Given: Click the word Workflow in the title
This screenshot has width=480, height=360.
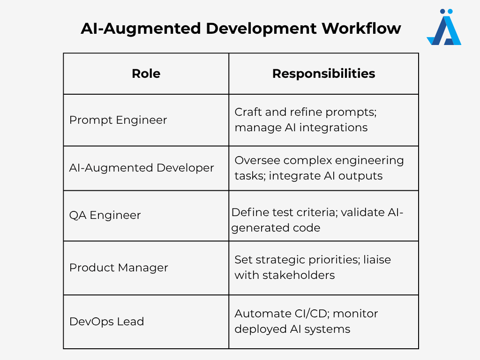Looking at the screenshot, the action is pyautogui.click(x=361, y=29).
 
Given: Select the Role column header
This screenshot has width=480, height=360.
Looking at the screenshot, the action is pyautogui.click(x=146, y=74).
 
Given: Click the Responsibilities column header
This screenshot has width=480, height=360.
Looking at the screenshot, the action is pyautogui.click(x=323, y=74).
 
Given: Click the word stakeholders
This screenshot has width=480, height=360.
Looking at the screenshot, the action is pyautogui.click(x=299, y=275).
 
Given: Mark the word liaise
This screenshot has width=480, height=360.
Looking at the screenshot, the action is pyautogui.click(x=377, y=260).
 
